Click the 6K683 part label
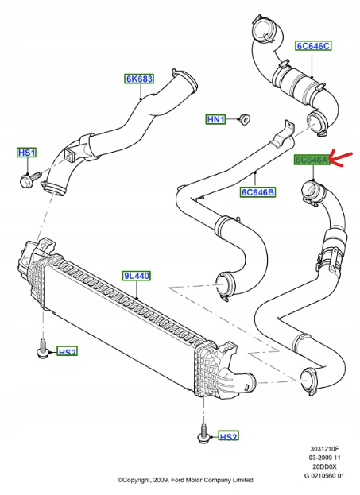point(139,79)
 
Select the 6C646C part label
point(313,45)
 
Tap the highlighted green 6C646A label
point(312,160)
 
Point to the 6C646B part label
point(258,191)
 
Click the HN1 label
point(216,120)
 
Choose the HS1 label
point(27,152)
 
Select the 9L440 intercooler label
point(137,276)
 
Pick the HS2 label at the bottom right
point(228,436)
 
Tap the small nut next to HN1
point(246,120)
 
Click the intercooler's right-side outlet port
point(247,381)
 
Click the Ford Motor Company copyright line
point(185,480)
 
